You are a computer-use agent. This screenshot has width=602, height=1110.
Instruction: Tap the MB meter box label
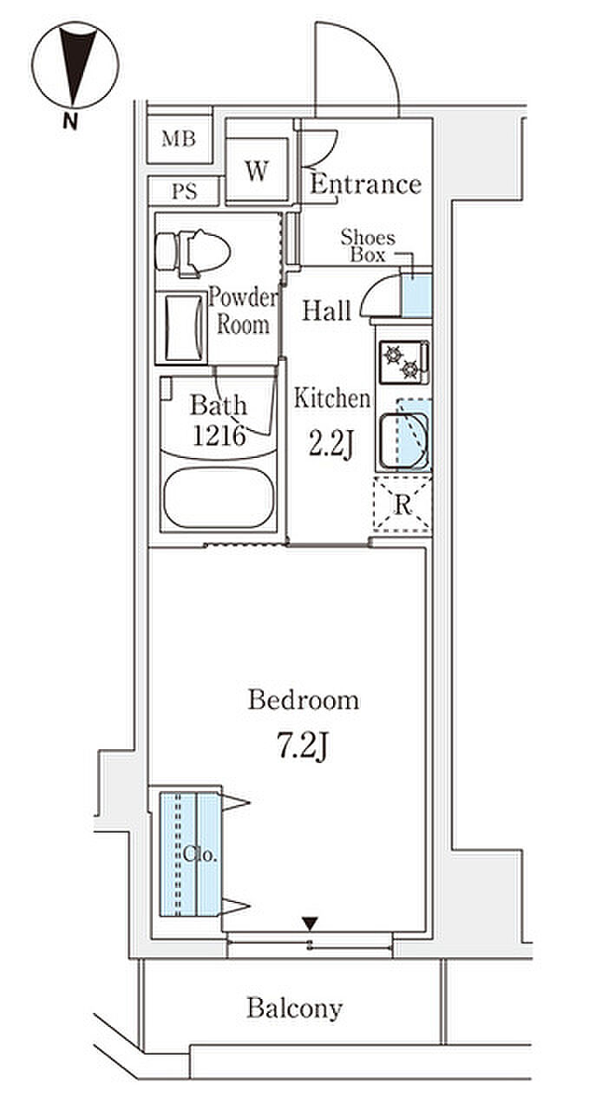click(179, 140)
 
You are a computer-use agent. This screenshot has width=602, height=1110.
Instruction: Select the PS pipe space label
click(185, 192)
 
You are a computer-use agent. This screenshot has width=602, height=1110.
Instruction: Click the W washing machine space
click(257, 170)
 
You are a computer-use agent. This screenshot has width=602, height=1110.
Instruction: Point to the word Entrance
click(366, 185)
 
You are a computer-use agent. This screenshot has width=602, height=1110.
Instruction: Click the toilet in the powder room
click(193, 252)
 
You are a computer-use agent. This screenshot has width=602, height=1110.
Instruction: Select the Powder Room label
click(243, 311)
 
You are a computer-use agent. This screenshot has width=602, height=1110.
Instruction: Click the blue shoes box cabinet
click(416, 296)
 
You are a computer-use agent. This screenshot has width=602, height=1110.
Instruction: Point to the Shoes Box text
click(368, 246)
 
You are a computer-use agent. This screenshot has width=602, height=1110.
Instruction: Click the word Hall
click(327, 310)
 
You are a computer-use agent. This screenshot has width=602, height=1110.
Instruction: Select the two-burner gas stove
click(404, 362)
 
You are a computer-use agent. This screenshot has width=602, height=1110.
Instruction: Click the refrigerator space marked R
click(402, 504)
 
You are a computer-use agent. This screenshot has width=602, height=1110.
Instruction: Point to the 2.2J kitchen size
click(331, 443)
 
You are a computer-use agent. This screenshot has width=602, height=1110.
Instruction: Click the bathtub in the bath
click(219, 498)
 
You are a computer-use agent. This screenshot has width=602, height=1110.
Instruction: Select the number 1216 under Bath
click(219, 435)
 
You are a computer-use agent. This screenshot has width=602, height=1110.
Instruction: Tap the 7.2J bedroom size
click(303, 747)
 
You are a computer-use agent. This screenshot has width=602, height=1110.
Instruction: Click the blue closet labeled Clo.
click(189, 854)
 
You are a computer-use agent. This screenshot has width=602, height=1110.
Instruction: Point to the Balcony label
click(295, 1008)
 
